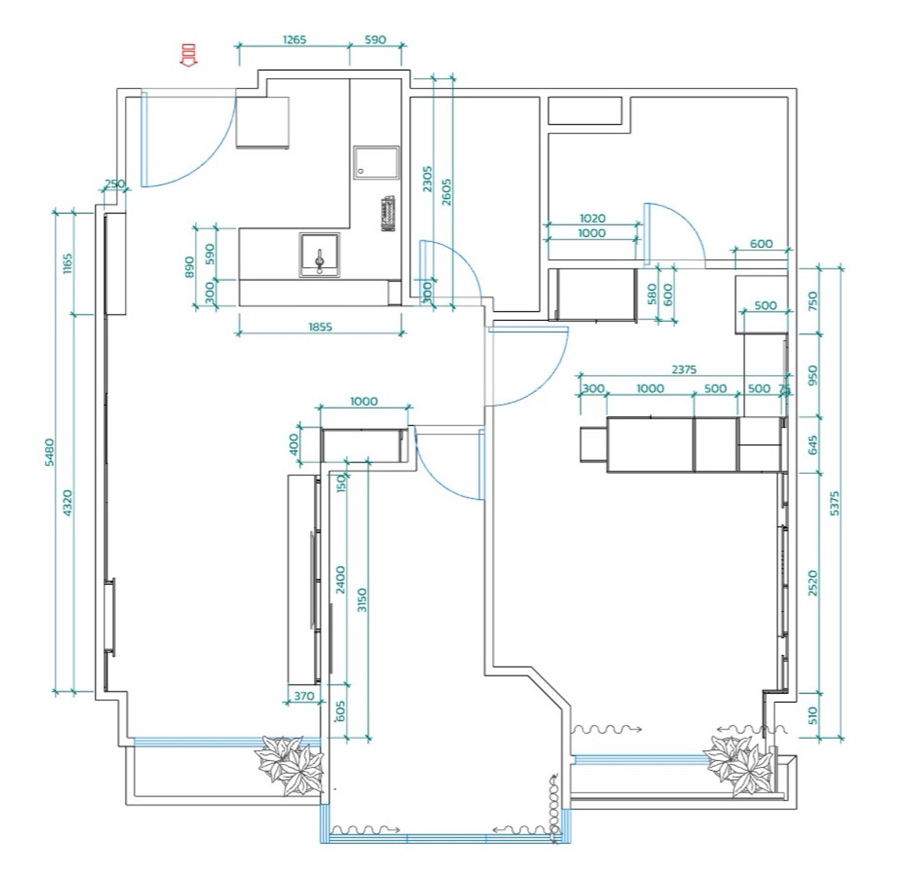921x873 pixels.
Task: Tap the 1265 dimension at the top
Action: coord(294,39)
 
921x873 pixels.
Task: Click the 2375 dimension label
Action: coord(683,369)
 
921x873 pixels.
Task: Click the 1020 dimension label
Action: coord(592,219)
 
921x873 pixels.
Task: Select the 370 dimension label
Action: coord(304,696)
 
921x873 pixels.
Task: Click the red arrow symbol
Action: coord(187,56)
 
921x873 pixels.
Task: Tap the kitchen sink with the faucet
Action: coord(319,255)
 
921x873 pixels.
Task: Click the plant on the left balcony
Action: coord(289,763)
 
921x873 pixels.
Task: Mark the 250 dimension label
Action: coord(114,184)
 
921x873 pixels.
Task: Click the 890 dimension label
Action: coord(190,266)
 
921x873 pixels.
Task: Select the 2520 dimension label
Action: coord(814,583)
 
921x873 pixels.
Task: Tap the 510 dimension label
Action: coord(814,716)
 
